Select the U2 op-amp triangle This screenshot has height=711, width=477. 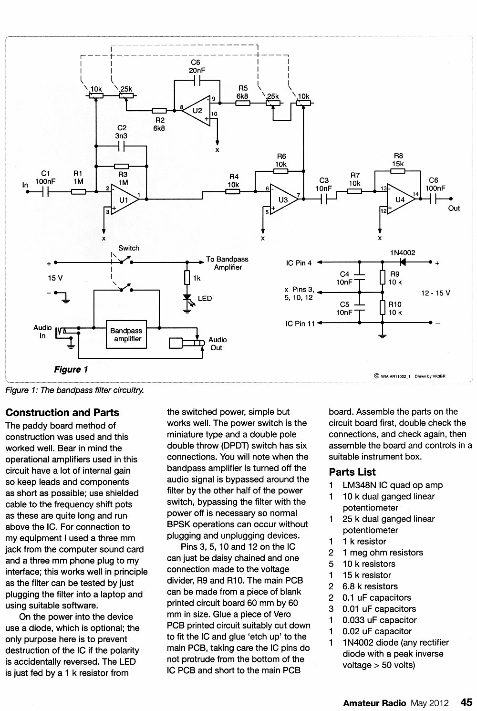pos(197,110)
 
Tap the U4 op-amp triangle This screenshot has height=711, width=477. pos(401,199)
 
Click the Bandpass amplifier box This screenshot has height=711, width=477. pos(126,335)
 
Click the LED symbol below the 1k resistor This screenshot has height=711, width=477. pos(187,298)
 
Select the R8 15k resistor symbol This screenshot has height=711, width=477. pos(397,171)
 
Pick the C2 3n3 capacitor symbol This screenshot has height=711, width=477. pos(122,146)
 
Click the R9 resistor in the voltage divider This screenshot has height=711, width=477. pos(383,277)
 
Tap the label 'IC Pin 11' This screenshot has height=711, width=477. pos(300,324)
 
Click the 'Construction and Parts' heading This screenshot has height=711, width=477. pos(62,412)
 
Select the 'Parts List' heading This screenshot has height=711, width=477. pos(353,472)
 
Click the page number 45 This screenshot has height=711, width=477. pos(466,702)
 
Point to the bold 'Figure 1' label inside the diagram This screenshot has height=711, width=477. pos(71,369)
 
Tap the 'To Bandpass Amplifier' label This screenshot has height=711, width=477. pos(227,263)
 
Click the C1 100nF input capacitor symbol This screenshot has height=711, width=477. pos(46,192)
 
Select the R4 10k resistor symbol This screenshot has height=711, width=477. pos(233,192)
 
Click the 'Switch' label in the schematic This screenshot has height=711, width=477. pos(128,248)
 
